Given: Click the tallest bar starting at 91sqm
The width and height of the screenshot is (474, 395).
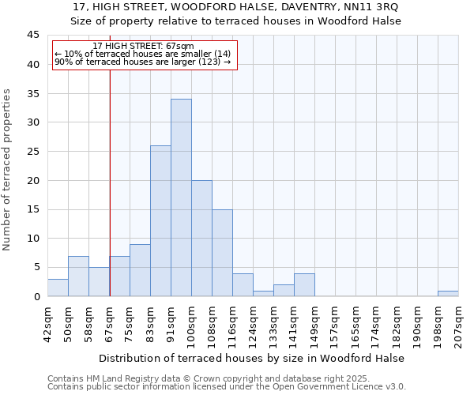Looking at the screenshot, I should point(181,197).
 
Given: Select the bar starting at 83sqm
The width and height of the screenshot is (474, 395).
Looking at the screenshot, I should point(160,220).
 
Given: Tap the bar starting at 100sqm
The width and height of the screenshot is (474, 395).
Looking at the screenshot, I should point(201,238).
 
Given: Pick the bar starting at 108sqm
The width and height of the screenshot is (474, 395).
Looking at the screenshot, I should point(222,253).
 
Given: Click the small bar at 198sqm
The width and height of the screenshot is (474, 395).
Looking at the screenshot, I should point(448,293).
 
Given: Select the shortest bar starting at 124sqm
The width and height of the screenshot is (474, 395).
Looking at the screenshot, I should point(263,293).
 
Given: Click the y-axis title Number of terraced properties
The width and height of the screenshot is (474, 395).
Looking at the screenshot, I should point(7,169).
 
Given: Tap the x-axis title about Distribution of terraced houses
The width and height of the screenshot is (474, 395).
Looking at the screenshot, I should point(252,358).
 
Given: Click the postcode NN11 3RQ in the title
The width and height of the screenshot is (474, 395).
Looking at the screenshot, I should point(371,6).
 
